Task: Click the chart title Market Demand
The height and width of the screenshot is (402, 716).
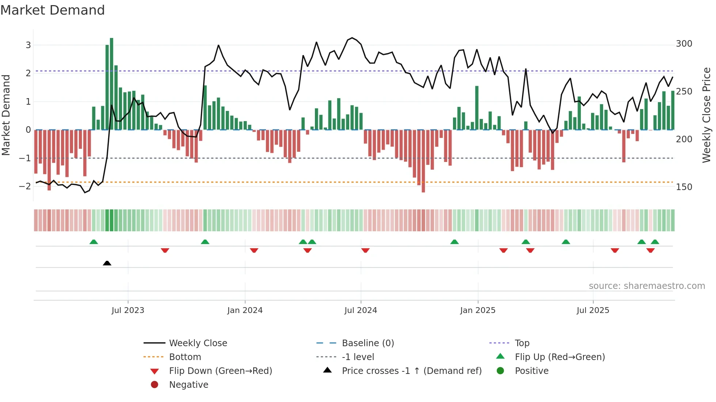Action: coord(53,10)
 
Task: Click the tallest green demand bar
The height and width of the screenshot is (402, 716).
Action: coord(111,84)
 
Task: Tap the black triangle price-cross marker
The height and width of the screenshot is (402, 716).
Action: coord(107,263)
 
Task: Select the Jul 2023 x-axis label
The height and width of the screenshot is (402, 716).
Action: coord(128,310)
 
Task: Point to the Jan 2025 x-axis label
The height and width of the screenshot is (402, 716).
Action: coord(477,310)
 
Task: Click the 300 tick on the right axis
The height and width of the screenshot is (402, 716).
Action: coord(684,44)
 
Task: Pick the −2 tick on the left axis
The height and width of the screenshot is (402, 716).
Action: coord(25,186)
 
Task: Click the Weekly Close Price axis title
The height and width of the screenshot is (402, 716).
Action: coord(707,115)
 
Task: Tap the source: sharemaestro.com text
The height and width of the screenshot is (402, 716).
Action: coord(647,286)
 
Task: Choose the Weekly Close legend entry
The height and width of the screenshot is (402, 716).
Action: coord(198,343)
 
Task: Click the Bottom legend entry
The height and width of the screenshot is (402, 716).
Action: coord(185,357)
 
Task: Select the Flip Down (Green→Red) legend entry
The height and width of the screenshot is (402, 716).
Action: coord(220,371)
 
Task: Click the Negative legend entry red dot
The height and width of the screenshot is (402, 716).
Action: coord(155,385)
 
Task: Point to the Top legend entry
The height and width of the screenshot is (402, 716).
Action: coord(522,343)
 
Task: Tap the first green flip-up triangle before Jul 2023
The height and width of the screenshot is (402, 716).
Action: coord(94,242)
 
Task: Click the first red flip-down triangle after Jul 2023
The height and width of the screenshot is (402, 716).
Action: coord(165,250)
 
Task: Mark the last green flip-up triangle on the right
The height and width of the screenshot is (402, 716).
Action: coord(655,242)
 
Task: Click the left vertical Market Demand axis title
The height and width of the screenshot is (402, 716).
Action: coord(6,115)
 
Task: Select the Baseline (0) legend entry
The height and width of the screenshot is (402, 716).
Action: coord(367,343)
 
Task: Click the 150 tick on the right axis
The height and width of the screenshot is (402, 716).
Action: coord(684,187)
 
